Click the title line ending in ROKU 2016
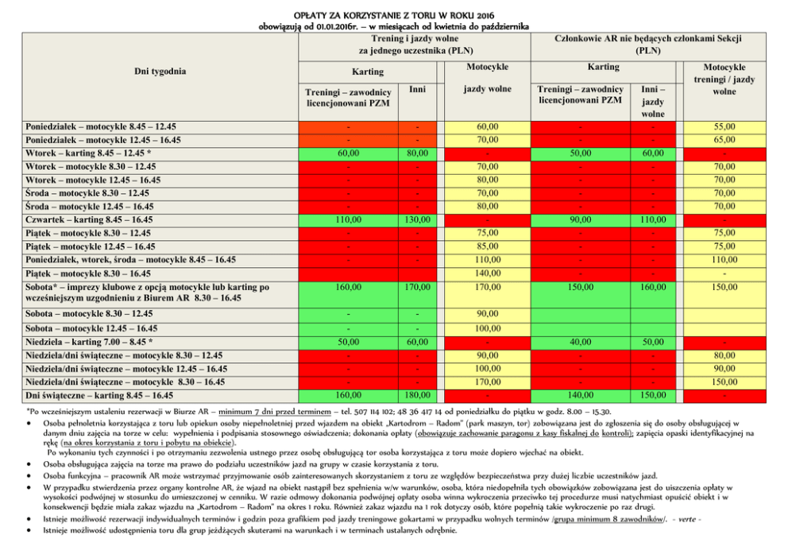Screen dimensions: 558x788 (394, 15)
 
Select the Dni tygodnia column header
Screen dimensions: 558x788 (160, 72)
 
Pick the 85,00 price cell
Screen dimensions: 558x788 (488, 246)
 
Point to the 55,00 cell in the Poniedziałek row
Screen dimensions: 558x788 (724, 126)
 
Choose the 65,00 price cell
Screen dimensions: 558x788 (724, 140)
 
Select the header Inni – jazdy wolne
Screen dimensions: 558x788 (653, 102)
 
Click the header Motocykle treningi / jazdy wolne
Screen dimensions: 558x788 (724, 79)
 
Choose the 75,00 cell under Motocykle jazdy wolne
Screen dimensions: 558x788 (488, 233)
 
